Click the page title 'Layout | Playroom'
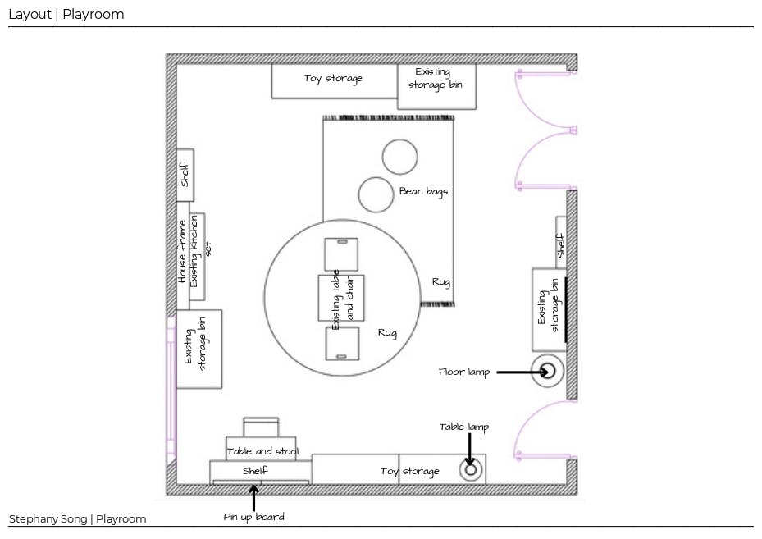click(66, 14)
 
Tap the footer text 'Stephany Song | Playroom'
click(77, 518)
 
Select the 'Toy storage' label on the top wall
click(333, 79)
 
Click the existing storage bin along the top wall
click(436, 86)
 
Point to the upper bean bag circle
click(400, 157)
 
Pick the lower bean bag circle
click(376, 195)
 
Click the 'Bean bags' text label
click(423, 191)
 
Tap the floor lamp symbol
click(548, 372)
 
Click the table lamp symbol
click(471, 470)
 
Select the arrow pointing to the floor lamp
click(517, 372)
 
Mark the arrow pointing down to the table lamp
click(469, 446)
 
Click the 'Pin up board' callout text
click(254, 517)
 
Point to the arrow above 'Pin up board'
click(253, 497)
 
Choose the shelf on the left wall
click(185, 175)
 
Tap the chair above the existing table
click(341, 254)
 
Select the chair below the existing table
click(342, 343)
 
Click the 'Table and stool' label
click(262, 450)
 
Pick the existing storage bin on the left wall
click(198, 349)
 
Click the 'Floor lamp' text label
click(463, 372)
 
